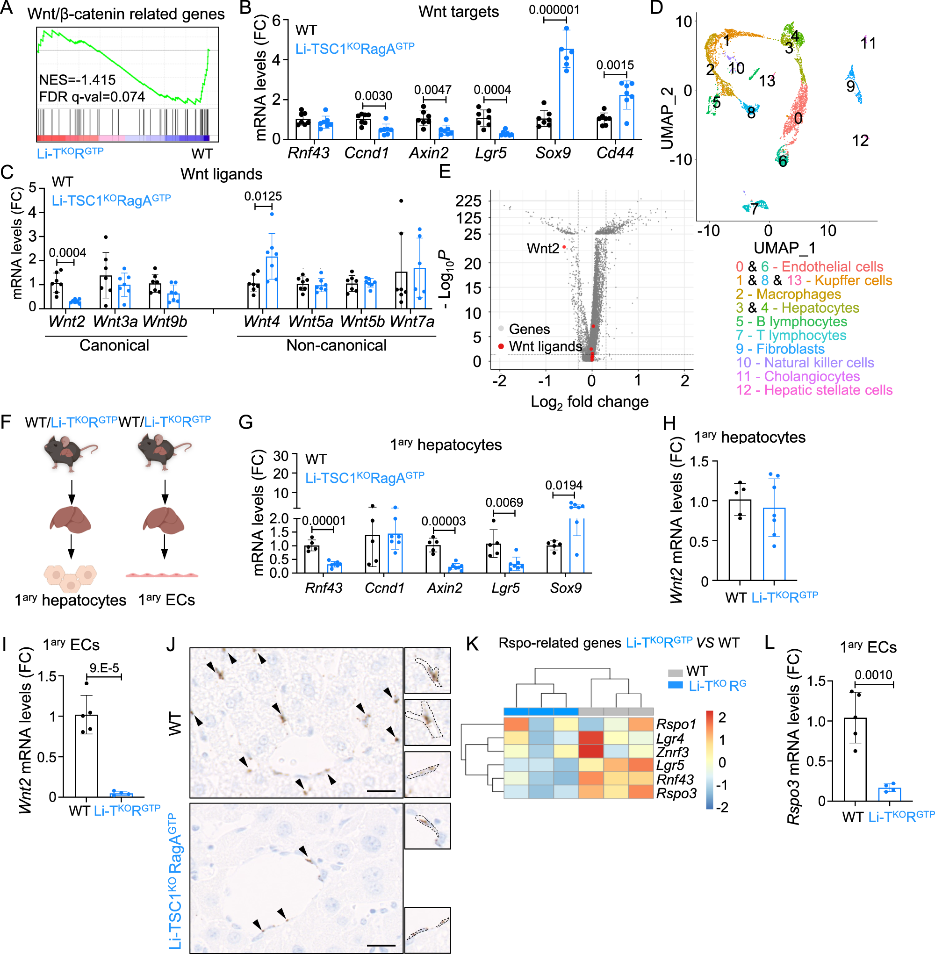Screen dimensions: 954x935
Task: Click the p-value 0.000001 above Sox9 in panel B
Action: pos(554,10)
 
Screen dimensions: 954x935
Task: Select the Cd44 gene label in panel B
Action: pos(614,153)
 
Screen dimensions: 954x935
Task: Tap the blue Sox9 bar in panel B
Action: pos(567,93)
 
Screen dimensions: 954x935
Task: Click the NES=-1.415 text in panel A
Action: pos(77,80)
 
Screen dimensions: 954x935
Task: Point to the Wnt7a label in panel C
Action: pos(412,322)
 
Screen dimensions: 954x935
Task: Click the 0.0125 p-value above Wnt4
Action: pos(263,196)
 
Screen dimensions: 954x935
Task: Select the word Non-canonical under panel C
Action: pos(337,346)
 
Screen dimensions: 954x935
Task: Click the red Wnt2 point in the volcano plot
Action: pos(564,247)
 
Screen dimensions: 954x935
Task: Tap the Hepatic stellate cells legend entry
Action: pos(814,390)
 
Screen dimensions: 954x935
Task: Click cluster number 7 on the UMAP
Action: pos(754,209)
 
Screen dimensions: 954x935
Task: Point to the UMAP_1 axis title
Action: pos(785,248)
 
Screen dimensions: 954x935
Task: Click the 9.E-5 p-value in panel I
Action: pos(104,668)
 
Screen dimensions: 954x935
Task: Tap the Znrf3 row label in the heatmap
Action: pos(672,752)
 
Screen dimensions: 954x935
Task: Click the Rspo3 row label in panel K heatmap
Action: pos(676,794)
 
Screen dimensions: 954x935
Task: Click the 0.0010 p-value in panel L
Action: pos(873,674)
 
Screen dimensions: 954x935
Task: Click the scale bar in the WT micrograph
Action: pos(381,791)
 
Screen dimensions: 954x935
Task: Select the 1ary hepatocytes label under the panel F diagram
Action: pos(70,600)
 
